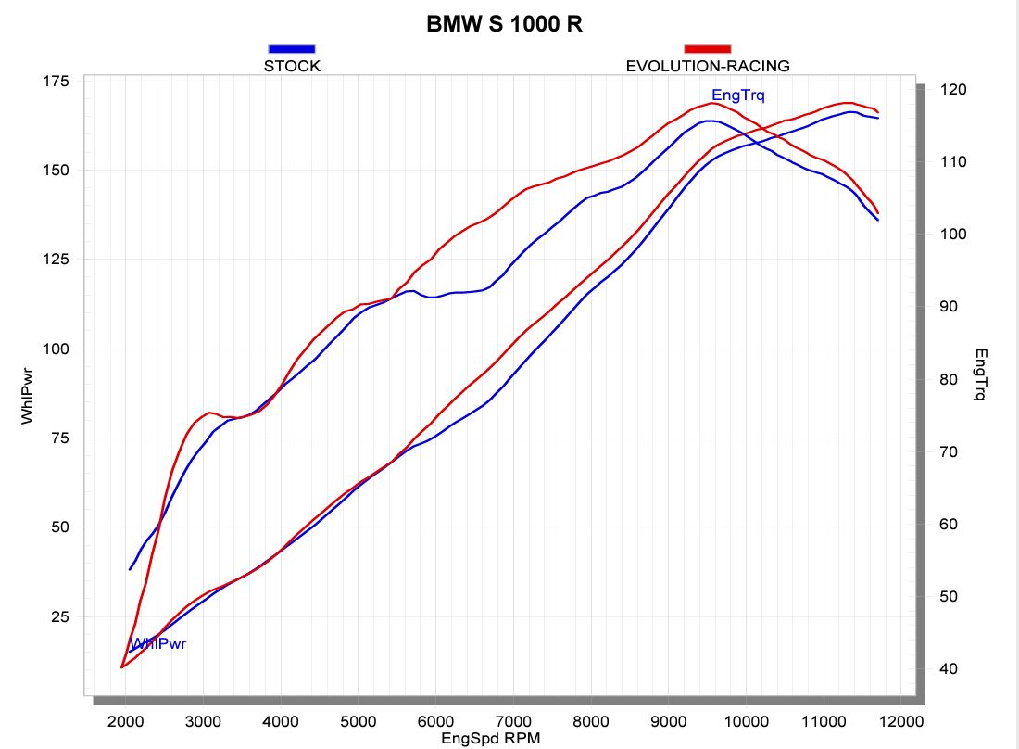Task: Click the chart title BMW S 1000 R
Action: pyautogui.click(x=504, y=25)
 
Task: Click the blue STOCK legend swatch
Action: pyautogui.click(x=292, y=48)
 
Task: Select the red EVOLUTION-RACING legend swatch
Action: pyautogui.click(x=707, y=48)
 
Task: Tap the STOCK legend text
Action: pyautogui.click(x=292, y=66)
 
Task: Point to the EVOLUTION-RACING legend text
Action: pyautogui.click(x=708, y=66)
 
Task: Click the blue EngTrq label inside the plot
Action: pyautogui.click(x=737, y=95)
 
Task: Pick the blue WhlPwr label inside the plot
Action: pyautogui.click(x=158, y=643)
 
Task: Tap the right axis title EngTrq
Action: pyautogui.click(x=981, y=374)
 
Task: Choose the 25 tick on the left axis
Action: pyautogui.click(x=59, y=616)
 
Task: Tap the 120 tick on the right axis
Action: pyautogui.click(x=953, y=90)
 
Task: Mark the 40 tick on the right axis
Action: pyautogui.click(x=950, y=668)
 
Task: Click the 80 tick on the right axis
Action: pyautogui.click(x=950, y=379)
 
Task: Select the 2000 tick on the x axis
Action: pyautogui.click(x=125, y=721)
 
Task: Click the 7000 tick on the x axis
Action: pyautogui.click(x=512, y=721)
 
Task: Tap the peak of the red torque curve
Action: pyautogui.click(x=712, y=103)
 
